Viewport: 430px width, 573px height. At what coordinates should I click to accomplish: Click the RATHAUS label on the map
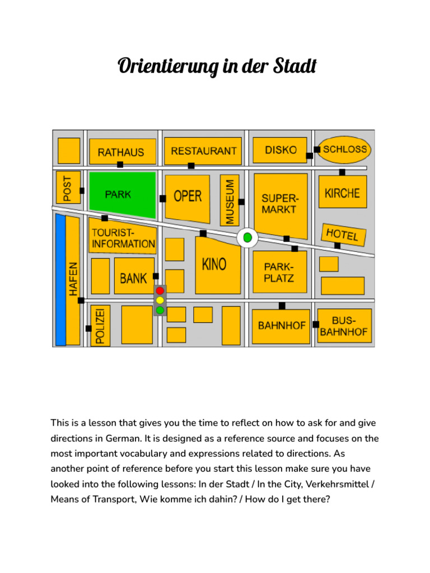pos(121,152)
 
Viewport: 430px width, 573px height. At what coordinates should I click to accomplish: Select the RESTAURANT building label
pos(203,151)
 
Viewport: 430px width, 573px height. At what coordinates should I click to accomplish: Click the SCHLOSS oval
pos(345,149)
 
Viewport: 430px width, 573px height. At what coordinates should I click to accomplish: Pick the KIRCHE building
pos(342,193)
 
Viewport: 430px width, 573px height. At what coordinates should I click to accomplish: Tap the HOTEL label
pos(342,234)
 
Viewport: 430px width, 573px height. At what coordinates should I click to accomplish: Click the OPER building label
pos(188,196)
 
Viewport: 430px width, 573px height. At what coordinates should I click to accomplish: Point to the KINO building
pos(214,264)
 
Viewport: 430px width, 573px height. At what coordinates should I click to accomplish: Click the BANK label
pos(133,278)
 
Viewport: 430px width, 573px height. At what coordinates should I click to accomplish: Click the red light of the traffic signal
pos(160,291)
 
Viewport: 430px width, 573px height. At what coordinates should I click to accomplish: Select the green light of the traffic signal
pos(160,310)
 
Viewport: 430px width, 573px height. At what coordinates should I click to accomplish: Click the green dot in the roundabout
pos(247,238)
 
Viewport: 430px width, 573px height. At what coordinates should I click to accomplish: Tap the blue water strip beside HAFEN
pos(60,280)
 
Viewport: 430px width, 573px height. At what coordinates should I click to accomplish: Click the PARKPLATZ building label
pos(279,273)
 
